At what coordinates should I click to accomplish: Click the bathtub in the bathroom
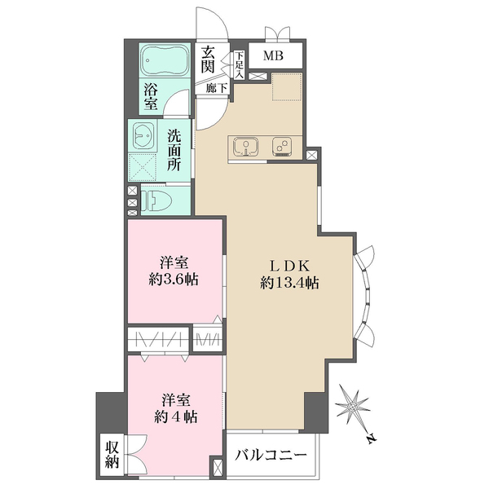click(x=165, y=60)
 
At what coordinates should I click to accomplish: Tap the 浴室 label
click(x=151, y=96)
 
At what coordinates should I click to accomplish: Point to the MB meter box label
click(x=273, y=55)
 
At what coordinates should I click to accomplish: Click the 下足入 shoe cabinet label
click(x=239, y=65)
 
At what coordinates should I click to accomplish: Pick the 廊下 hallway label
click(x=217, y=88)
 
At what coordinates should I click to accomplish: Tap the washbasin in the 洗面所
click(x=143, y=136)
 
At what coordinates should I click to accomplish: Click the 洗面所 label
click(x=174, y=150)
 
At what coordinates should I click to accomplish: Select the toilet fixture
click(x=156, y=200)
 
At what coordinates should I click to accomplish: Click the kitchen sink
click(x=247, y=147)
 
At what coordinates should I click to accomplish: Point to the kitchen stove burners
click(x=282, y=147)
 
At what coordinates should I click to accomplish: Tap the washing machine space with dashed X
click(x=143, y=167)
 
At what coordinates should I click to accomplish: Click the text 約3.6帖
click(x=174, y=280)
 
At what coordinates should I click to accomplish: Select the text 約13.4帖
click(x=289, y=283)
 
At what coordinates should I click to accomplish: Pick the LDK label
click(x=289, y=266)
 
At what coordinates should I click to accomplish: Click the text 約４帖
click(x=175, y=416)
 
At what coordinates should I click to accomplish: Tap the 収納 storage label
click(x=112, y=455)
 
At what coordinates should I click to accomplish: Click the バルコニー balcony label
click(x=271, y=456)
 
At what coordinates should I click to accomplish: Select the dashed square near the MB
click(x=287, y=87)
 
